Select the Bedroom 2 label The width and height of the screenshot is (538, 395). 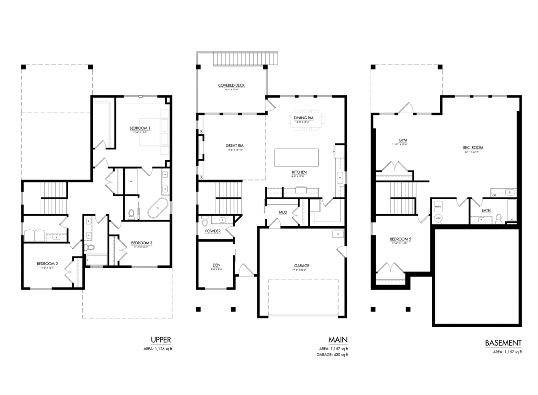click(47, 263)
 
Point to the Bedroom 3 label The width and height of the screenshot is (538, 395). click(142, 243)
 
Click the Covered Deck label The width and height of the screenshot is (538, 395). click(231, 85)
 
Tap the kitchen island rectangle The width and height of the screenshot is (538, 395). click(296, 157)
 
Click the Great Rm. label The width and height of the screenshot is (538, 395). click(234, 146)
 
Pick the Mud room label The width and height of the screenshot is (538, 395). click(283, 212)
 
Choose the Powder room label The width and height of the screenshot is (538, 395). click(213, 231)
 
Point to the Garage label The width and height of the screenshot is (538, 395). click(302, 266)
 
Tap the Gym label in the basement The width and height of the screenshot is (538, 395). click(396, 140)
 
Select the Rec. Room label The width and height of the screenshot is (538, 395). click(473, 147)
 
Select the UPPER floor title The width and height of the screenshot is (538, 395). click(161, 340)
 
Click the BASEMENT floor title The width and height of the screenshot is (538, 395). click(503, 343)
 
